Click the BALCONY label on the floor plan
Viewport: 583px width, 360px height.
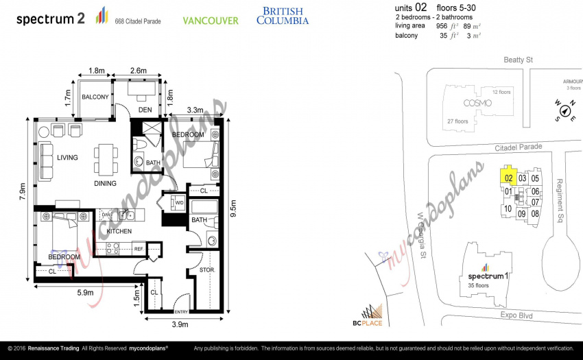(95, 97)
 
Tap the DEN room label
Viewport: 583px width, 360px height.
(145, 110)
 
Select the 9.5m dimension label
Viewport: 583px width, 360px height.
(233, 208)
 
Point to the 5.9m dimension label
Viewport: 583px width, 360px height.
(86, 293)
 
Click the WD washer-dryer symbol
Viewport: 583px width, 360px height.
(178, 203)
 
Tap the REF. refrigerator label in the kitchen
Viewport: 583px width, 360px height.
(139, 249)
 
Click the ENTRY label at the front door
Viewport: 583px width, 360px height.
(182, 311)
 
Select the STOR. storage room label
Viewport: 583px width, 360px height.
(207, 270)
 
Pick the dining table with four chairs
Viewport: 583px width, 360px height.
(106, 159)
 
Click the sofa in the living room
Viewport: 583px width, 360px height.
(45, 161)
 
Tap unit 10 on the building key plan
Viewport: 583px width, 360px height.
(508, 209)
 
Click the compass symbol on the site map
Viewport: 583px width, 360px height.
(565, 111)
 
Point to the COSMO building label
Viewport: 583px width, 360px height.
(477, 103)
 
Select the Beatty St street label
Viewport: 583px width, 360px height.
(518, 60)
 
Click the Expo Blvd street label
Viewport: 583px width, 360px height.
(516, 315)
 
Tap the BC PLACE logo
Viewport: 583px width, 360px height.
(368, 315)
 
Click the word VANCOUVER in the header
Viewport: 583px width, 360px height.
(211, 21)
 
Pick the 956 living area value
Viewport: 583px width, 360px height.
(442, 26)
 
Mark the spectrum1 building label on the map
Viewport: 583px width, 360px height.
(488, 276)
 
